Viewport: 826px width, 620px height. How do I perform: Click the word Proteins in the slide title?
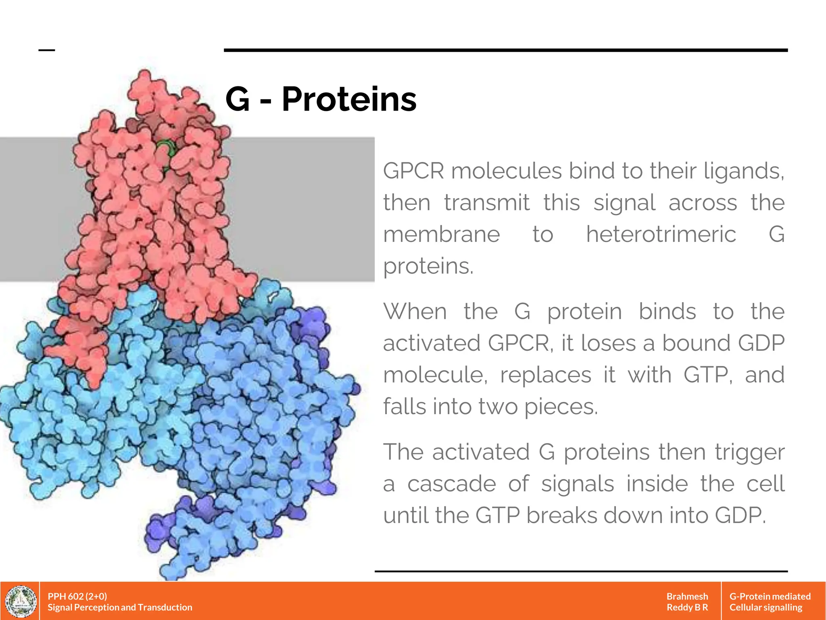point(349,99)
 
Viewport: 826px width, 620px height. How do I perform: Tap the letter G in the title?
point(238,99)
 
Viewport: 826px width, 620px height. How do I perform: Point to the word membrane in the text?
point(441,235)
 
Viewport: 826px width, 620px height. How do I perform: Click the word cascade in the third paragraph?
point(451,484)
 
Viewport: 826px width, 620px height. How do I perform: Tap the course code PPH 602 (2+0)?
point(77,596)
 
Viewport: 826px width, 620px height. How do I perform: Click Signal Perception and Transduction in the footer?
point(120,607)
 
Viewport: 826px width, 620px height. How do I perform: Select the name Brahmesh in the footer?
point(687,596)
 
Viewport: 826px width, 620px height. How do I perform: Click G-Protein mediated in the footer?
point(770,596)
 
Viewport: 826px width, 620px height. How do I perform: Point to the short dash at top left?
point(46,50)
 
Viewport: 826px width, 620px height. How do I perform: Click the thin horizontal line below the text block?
point(581,571)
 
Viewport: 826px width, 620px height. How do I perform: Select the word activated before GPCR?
point(432,344)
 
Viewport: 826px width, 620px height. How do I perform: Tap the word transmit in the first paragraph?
point(486,203)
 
